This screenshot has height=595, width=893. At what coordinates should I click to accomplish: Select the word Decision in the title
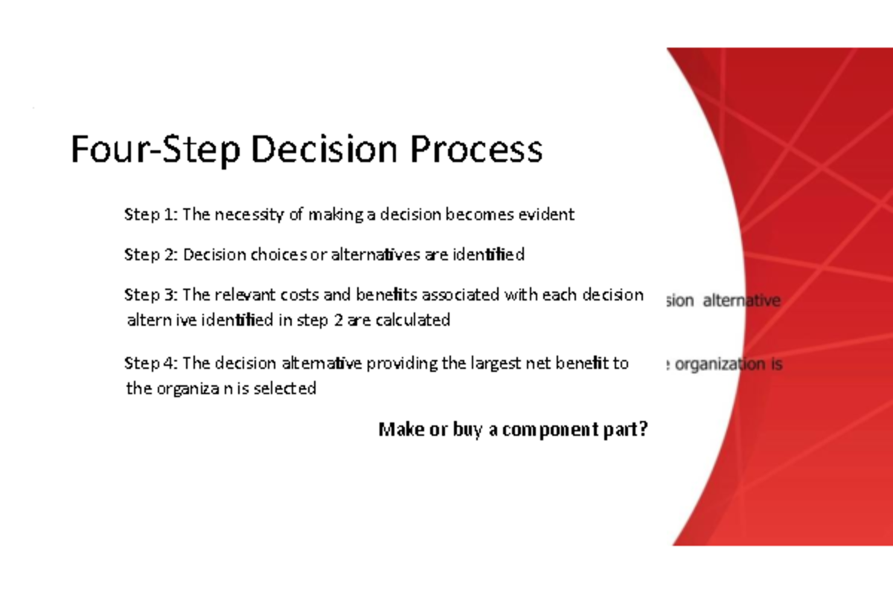coord(324,150)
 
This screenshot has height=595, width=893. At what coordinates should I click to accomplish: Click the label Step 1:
coord(151,215)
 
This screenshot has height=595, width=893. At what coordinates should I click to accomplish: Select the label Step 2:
coord(151,255)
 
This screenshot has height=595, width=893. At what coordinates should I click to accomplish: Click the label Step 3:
coord(151,295)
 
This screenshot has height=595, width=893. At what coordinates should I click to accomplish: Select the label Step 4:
coord(151,364)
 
